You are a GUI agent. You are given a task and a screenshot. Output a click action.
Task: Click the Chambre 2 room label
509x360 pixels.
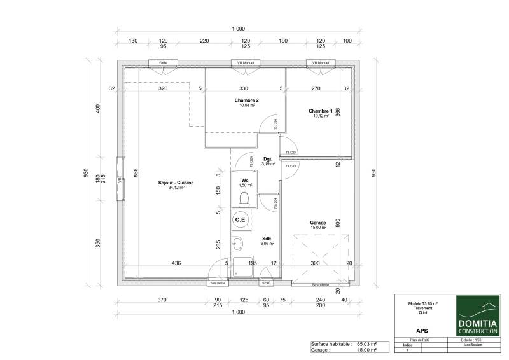(246, 100)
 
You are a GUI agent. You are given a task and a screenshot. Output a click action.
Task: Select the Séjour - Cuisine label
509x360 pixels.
(176, 183)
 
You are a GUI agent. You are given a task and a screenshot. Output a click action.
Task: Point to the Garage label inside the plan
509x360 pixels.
(318, 223)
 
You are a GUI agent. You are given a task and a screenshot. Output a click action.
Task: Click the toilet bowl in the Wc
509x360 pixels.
(242, 199)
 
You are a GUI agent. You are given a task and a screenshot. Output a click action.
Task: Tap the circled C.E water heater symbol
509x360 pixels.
(241, 220)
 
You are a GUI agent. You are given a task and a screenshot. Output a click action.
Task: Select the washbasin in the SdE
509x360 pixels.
(237, 243)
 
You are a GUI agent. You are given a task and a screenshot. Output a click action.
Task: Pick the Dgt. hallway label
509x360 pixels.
(268, 160)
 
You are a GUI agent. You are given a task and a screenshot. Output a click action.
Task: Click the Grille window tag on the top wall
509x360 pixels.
(164, 63)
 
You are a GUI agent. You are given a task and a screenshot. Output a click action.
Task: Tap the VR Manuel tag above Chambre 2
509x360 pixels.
(246, 63)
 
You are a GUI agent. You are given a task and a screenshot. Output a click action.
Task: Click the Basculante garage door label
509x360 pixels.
(320, 284)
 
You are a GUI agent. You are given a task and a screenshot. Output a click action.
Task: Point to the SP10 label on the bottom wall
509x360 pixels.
(267, 282)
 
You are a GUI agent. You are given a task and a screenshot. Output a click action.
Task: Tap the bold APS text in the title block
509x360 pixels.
(421, 331)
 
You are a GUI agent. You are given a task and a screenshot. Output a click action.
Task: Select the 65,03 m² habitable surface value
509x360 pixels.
(368, 344)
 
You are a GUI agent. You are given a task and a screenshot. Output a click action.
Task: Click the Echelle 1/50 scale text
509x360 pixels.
(473, 340)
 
